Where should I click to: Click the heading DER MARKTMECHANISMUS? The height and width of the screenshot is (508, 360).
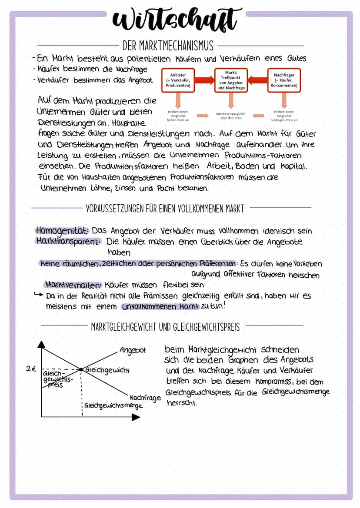(168, 46)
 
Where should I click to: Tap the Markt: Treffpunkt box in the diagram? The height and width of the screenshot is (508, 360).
(231, 80)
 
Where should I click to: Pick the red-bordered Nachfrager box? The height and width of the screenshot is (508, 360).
(283, 81)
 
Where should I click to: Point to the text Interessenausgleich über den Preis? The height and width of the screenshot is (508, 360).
(230, 116)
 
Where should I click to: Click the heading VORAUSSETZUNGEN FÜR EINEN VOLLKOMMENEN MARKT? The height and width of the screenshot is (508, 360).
(165, 209)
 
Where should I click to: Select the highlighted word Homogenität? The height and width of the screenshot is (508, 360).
(63, 230)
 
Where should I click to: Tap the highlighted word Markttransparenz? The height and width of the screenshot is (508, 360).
(69, 241)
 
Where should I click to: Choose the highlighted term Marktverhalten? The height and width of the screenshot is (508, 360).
(73, 285)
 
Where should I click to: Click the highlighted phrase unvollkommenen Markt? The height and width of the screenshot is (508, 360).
(160, 306)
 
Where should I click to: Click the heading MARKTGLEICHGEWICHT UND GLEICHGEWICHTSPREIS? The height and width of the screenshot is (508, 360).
(165, 326)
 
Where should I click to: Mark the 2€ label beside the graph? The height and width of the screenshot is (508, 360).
(30, 369)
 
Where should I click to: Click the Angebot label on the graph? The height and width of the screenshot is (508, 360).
(133, 350)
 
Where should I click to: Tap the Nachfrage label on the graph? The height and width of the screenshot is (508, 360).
(145, 397)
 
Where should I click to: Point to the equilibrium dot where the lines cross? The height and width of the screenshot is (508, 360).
(81, 369)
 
